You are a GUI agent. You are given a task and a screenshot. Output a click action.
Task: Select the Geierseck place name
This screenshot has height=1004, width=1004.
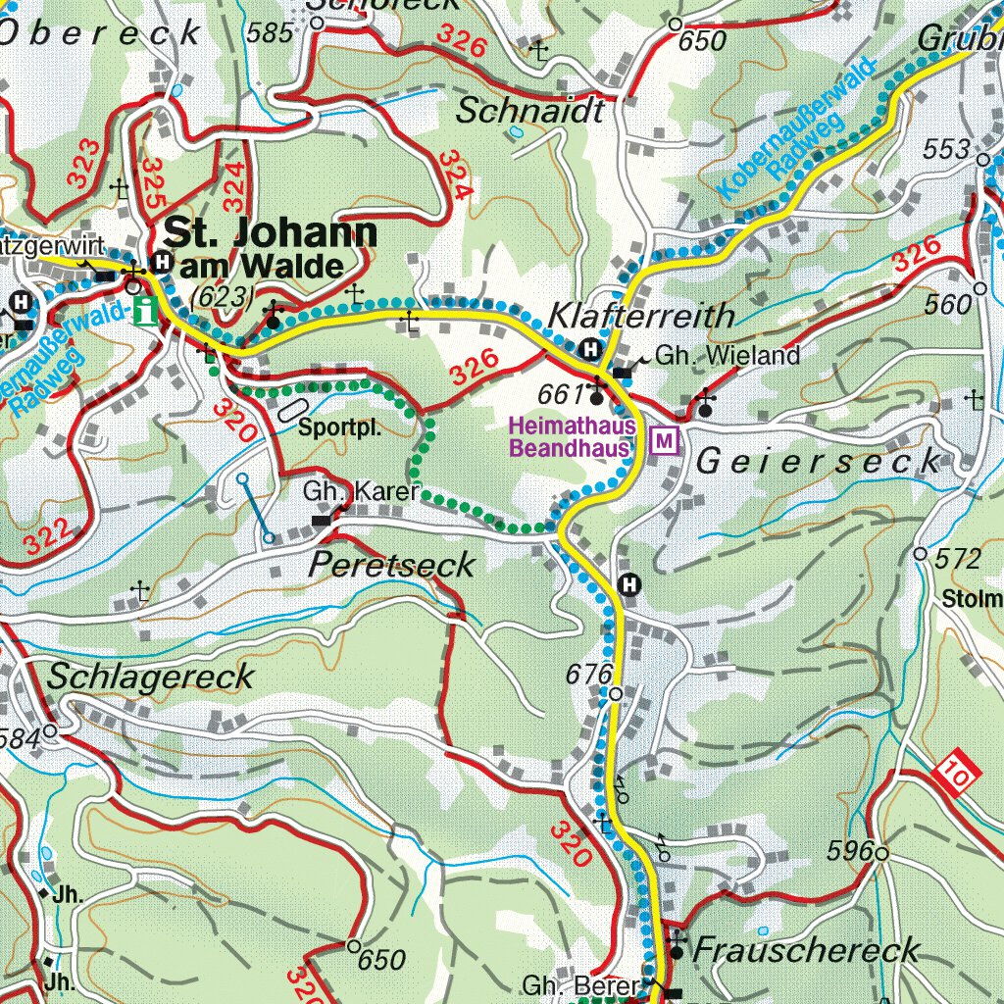pos(818,463)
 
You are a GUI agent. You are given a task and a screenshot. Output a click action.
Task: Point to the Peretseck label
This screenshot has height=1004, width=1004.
pos(392,565)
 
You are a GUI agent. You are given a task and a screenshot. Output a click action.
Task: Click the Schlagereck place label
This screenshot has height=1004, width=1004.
pos(150,677)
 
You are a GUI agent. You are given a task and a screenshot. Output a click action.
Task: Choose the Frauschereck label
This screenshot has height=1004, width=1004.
pos(806,949)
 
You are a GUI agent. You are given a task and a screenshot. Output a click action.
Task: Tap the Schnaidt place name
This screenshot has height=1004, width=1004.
pos(530,112)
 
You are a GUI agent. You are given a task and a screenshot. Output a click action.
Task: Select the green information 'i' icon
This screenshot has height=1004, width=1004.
pos(147,312)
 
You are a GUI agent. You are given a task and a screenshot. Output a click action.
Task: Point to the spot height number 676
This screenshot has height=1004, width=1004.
pos(588,675)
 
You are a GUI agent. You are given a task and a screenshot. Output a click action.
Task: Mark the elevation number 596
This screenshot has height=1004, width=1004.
pos(849,851)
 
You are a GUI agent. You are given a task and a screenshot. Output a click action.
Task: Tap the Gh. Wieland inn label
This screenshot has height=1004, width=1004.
pos(728,356)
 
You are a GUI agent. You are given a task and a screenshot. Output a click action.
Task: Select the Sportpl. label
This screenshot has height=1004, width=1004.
pos(338,428)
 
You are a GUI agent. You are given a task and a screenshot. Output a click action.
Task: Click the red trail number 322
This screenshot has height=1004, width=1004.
pos(47,537)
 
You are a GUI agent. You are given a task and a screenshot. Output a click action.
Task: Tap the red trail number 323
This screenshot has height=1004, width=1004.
pos(85,164)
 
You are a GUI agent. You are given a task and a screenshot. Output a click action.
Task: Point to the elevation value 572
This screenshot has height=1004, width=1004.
pos(957,560)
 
